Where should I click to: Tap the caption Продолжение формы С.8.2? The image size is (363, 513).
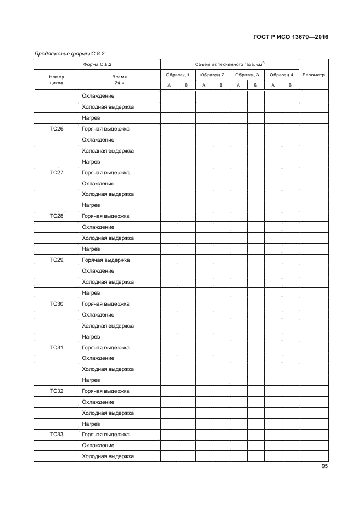point(70,54)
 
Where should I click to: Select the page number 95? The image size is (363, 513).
point(325,467)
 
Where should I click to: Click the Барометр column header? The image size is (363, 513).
point(314,74)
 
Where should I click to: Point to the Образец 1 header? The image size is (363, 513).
point(177,74)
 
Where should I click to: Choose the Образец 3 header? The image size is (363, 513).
point(247,74)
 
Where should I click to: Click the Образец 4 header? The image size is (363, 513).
point(281,74)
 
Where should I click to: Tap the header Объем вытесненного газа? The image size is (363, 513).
point(230,64)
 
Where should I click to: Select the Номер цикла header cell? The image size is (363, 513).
point(57,81)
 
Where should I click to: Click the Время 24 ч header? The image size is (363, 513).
point(120,81)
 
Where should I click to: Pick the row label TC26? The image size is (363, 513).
point(57,129)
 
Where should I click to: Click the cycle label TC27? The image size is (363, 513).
point(57,173)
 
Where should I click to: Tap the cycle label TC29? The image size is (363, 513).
point(57,260)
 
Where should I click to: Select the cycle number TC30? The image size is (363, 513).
point(57,303)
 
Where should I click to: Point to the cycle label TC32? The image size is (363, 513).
point(57,391)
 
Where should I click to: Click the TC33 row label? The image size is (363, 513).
point(57,435)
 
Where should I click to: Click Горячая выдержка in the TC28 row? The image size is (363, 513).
point(105,216)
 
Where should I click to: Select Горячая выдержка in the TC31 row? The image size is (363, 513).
point(105,347)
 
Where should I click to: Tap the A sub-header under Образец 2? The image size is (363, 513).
point(204,85)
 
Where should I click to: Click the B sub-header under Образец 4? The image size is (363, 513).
point(290,85)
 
